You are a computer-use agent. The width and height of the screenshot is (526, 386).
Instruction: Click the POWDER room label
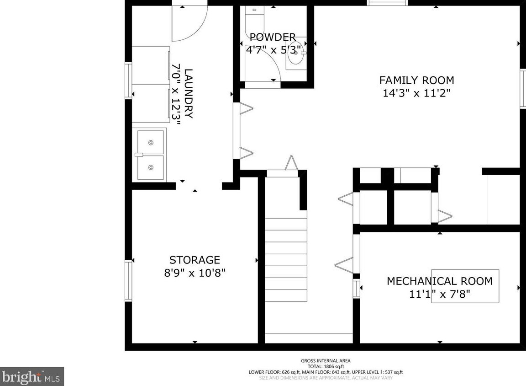[x=273, y=37]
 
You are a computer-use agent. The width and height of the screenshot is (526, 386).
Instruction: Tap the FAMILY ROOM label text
[x=416, y=80]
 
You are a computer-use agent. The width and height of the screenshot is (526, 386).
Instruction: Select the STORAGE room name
[x=195, y=260]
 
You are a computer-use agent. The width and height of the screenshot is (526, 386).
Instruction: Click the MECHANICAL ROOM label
[x=439, y=281]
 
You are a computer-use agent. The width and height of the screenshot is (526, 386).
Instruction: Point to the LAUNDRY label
[x=189, y=93]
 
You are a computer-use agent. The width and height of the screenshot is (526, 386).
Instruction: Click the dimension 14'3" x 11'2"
[x=416, y=93]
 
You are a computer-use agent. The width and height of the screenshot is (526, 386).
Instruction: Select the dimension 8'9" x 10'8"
[x=195, y=273]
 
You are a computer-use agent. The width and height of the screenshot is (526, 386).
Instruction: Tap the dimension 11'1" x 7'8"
[x=439, y=294]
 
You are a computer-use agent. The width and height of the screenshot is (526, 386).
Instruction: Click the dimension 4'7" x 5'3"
[x=274, y=50]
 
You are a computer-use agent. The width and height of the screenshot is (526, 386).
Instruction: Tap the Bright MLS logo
[x=32, y=376]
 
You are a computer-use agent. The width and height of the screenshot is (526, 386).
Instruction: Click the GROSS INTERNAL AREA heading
[x=325, y=361]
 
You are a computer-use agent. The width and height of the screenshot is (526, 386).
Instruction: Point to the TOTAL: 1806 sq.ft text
[x=325, y=366]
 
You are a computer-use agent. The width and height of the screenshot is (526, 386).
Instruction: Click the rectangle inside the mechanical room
[x=465, y=286]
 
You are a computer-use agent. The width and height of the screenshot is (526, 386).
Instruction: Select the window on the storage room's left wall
[x=128, y=281]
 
